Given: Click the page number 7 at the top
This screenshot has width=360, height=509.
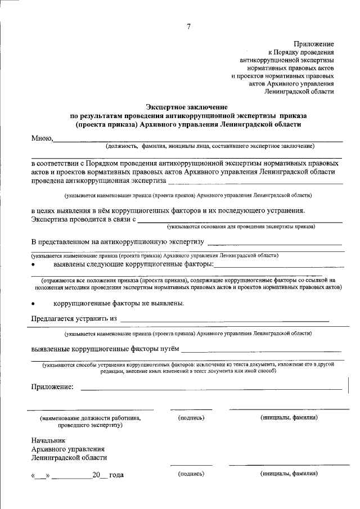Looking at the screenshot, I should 188,26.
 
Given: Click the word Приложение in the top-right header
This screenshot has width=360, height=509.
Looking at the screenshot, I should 314,43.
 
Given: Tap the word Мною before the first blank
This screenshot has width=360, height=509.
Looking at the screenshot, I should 42,138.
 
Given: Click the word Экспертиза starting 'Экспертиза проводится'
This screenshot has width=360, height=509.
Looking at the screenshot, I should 49,219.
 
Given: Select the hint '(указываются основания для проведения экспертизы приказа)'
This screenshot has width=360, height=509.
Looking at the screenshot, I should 241,226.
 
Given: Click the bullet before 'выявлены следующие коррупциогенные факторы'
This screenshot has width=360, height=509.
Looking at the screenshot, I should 34,264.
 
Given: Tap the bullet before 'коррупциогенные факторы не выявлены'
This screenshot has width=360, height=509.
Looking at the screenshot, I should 34,304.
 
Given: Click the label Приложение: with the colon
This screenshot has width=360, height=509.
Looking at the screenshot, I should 52,386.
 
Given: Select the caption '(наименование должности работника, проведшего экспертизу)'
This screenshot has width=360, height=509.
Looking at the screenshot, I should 90,422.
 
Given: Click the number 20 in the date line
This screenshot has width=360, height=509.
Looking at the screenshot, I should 97,475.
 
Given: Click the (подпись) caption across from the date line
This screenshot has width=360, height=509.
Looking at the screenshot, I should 191,474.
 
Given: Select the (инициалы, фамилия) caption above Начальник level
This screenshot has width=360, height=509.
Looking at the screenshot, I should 289,418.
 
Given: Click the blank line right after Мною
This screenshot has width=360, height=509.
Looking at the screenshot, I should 197,139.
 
